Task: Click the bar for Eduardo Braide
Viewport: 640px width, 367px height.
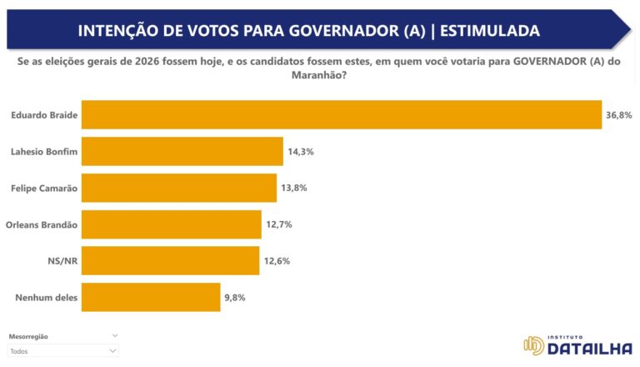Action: pos(342,114)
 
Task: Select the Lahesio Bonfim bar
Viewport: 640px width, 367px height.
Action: pos(182,151)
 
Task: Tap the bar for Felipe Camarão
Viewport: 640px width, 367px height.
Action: pos(179,188)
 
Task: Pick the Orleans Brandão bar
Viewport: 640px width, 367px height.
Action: pos(172,224)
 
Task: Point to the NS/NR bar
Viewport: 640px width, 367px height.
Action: pos(171,260)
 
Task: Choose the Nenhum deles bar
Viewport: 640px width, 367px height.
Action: pos(151,297)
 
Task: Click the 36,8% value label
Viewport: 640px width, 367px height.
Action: pos(619,115)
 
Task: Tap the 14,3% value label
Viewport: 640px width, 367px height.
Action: pos(301,151)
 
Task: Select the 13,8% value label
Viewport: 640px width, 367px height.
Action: pos(294,188)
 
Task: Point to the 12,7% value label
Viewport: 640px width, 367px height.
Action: pos(279,224)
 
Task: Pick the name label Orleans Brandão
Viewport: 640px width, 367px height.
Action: pos(41,224)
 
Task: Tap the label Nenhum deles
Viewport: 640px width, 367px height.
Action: pos(47,297)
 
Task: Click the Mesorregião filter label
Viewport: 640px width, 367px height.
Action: pos(28,336)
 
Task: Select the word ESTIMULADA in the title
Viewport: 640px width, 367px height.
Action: pos(488,31)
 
